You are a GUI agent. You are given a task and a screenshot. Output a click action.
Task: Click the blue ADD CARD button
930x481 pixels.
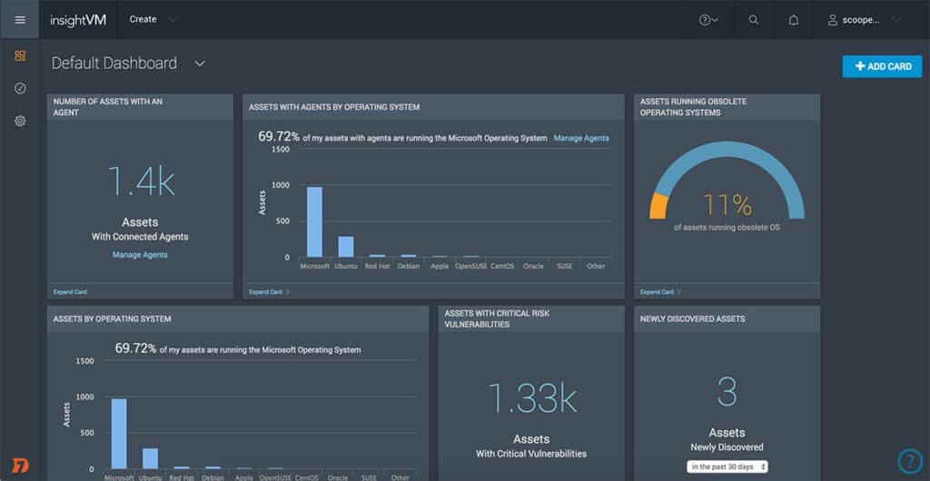(882, 66)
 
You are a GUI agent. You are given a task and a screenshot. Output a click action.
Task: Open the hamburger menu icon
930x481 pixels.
(20, 19)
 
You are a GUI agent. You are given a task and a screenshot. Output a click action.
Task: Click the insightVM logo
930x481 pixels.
(79, 19)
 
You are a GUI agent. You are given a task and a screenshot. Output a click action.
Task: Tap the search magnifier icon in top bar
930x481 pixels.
(754, 20)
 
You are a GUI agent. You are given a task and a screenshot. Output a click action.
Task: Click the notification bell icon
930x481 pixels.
(794, 20)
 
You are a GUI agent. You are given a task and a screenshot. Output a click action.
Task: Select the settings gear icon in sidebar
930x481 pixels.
(20, 121)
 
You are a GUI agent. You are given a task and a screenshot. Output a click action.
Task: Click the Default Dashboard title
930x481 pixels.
(114, 64)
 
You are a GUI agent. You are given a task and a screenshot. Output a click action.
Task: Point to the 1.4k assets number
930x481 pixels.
(140, 182)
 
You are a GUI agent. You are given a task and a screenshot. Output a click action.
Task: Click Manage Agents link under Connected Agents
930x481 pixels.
(140, 255)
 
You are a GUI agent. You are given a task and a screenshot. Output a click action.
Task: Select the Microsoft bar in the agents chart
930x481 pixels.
(314, 222)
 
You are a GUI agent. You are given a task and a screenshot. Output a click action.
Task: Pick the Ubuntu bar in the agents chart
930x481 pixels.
(346, 247)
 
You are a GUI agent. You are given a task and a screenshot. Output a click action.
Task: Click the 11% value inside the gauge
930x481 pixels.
(727, 204)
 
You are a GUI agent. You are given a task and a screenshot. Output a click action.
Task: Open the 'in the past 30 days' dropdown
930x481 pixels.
(727, 466)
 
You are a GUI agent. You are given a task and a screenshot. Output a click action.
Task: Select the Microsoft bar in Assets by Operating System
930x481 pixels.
(119, 433)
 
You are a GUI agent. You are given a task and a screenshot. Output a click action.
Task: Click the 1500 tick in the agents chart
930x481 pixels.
(281, 149)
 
